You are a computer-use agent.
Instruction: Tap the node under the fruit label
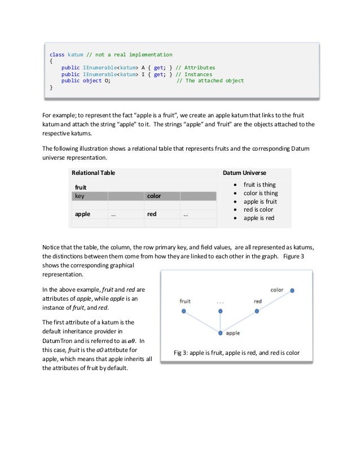coord(183,311)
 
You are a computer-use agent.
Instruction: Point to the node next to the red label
coord(257,310)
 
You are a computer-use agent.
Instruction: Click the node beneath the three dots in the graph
coord(220,311)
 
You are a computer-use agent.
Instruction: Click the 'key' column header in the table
coord(80,196)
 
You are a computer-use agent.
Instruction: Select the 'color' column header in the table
coord(154,196)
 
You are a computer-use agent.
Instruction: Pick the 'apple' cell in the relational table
coord(83,214)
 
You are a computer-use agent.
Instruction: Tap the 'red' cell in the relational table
coord(152,214)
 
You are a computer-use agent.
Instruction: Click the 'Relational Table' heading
coord(92,172)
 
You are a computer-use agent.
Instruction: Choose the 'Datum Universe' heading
coord(245,172)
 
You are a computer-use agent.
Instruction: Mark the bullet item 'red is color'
coord(257,209)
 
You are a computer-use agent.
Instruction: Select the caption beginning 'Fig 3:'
coord(237,353)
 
